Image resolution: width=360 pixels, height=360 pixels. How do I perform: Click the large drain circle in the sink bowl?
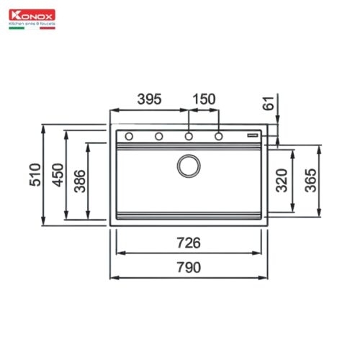189,166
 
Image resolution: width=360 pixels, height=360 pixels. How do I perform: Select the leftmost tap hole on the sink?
128,135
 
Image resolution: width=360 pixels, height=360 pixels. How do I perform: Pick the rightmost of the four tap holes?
218,135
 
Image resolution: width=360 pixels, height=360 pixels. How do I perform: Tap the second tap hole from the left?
158,135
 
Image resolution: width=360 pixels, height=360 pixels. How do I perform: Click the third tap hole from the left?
188,135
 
